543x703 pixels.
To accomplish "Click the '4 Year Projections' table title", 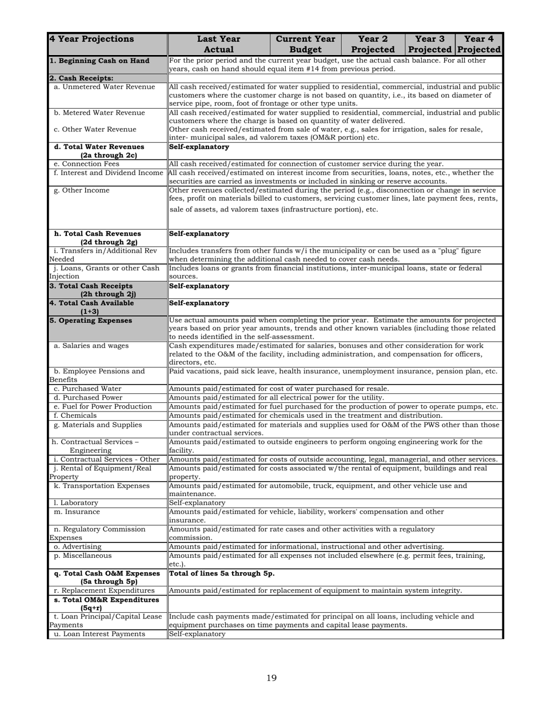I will click(91, 39).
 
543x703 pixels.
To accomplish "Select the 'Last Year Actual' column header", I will click(218, 44).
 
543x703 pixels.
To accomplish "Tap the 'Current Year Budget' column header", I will click(305, 44).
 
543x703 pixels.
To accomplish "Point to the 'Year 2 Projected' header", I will click(373, 44).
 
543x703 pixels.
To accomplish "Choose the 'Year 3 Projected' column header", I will click(429, 44).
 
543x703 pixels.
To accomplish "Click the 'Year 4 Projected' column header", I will click(479, 44).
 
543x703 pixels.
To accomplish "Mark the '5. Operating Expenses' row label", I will click(91, 321).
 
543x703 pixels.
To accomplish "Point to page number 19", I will click(271, 678).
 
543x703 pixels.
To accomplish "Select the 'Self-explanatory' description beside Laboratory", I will click(197, 503).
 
